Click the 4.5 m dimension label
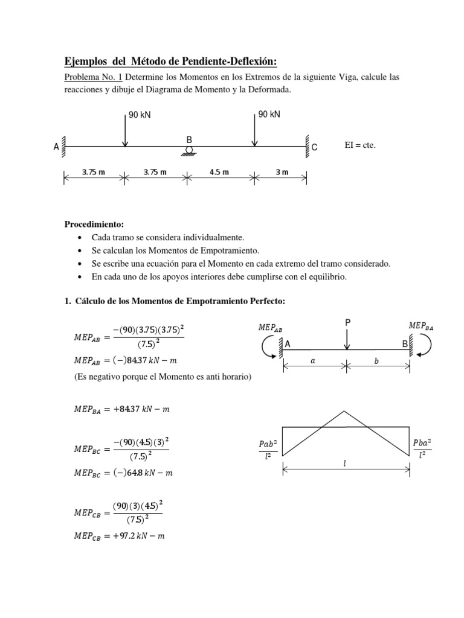coord(219,172)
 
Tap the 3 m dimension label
coord(282,172)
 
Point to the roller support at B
coord(189,151)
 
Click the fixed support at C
coord(308,145)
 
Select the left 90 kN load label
coord(140,115)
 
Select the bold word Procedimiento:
coord(94,224)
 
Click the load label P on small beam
coord(347,323)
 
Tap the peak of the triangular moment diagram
coord(344,412)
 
